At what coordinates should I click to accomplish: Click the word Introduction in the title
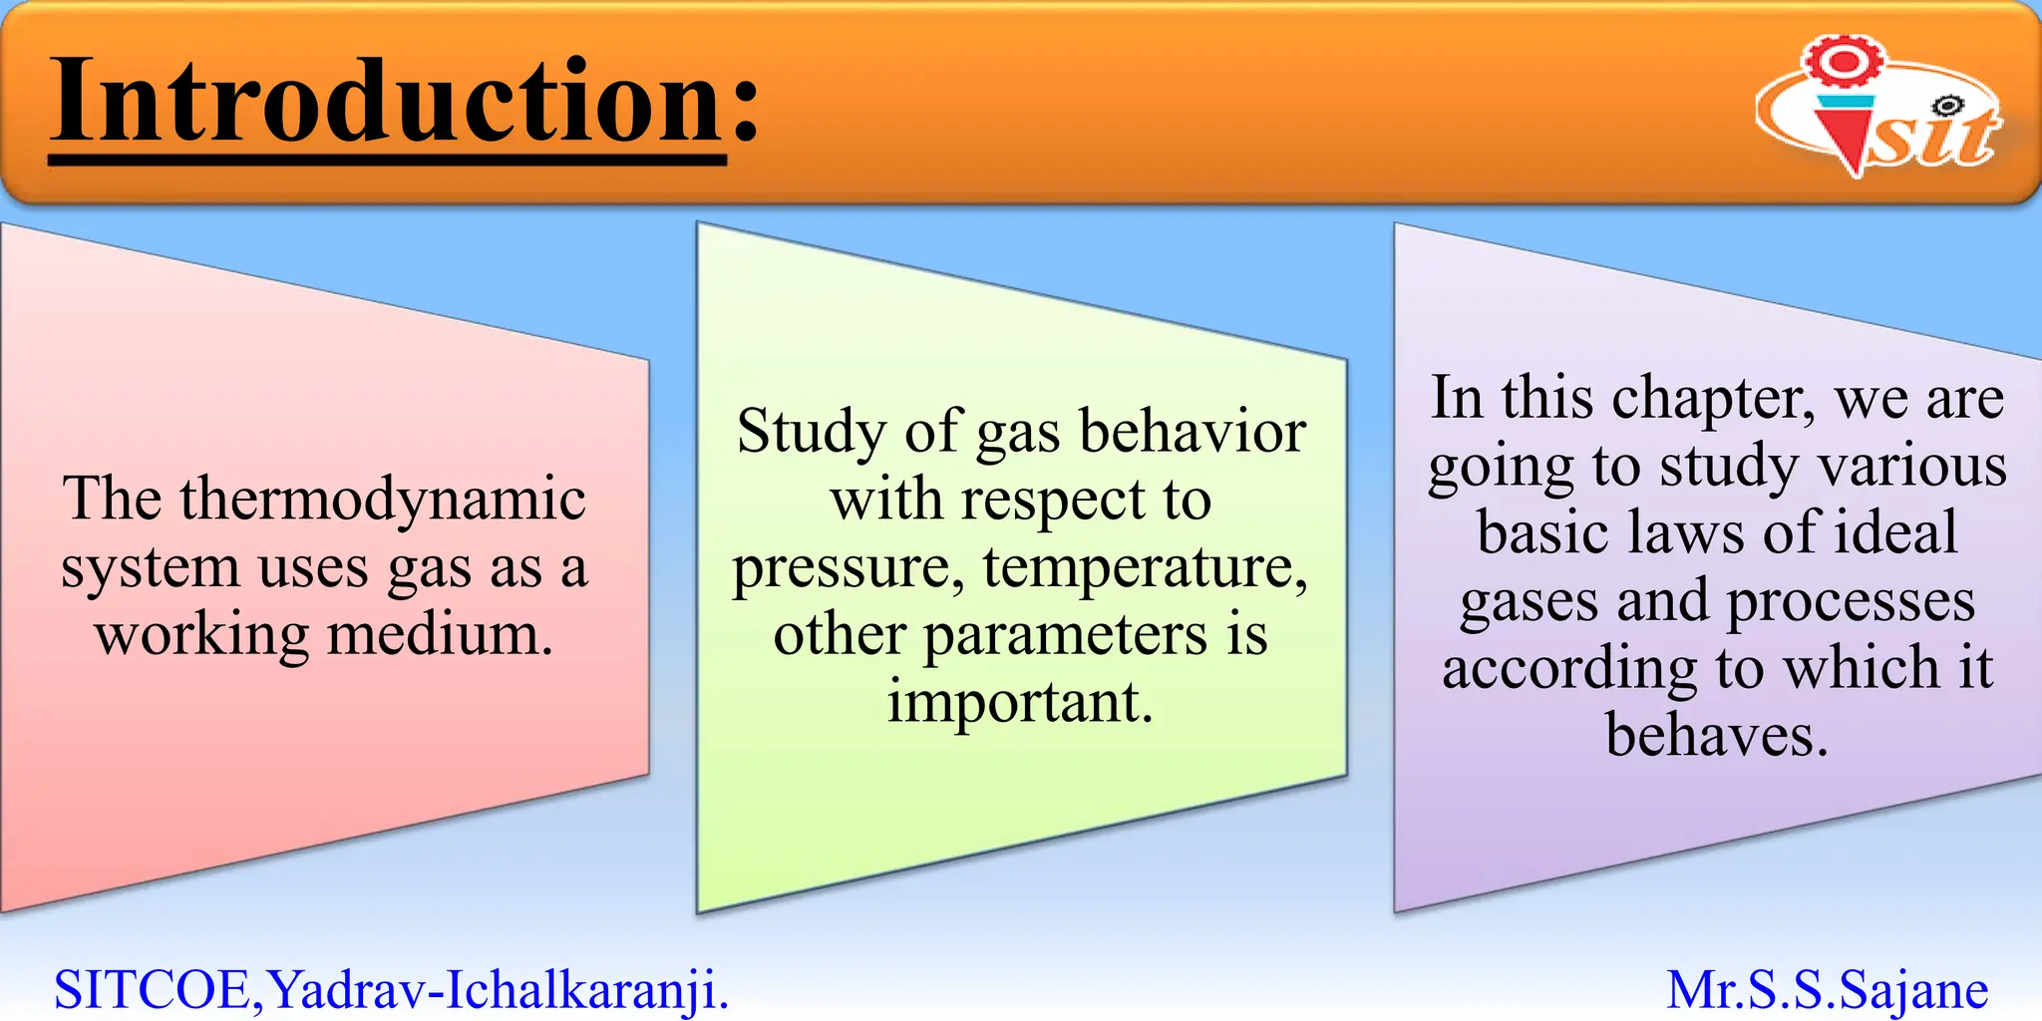coord(387,102)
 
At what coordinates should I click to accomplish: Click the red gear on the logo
coord(1844,62)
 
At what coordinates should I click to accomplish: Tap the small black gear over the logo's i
coord(1945,106)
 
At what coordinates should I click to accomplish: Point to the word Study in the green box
coord(811,433)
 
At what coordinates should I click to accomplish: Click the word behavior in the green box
coord(1192,433)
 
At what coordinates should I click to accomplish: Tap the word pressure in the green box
coord(848,568)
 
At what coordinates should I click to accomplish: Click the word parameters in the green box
coord(1065,635)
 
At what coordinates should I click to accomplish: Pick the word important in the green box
coord(1019,702)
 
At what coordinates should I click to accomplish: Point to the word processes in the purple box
coord(1851,602)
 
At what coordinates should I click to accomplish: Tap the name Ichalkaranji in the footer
coord(586,990)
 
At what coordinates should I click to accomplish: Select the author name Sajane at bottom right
coord(1913,990)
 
